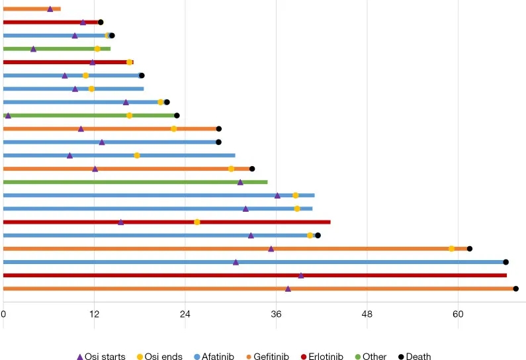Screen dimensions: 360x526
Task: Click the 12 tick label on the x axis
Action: pos(94,314)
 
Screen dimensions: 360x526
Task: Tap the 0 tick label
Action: pos(3,314)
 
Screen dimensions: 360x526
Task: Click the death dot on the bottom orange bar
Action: pos(515,289)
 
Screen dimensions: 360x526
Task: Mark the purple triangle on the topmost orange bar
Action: pos(50,9)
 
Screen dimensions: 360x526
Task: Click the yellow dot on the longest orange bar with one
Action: pos(451,249)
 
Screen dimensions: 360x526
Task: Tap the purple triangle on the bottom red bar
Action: pos(301,275)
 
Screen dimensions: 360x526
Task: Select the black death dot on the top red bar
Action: pos(101,22)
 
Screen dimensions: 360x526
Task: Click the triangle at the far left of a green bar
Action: pos(8,115)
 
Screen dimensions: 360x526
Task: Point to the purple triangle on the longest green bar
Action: pos(240,182)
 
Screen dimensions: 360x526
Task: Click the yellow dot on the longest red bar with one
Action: pos(197,222)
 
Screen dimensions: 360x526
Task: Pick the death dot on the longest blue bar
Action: pos(505,262)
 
